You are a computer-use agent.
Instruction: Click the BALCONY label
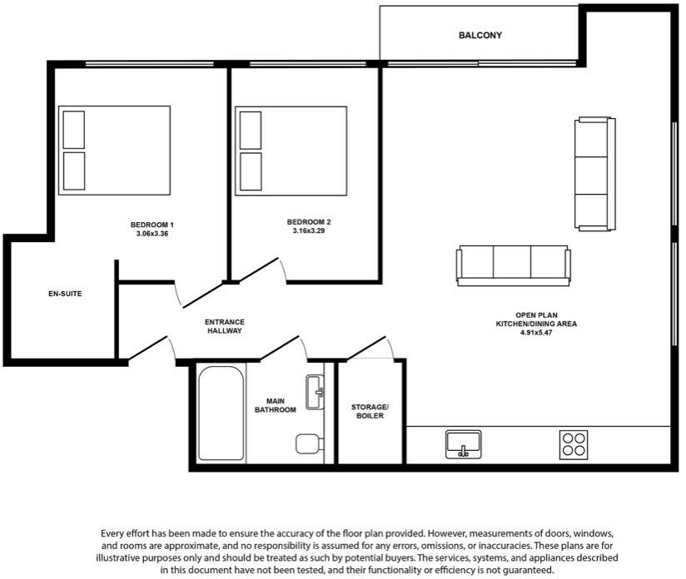[x=480, y=36]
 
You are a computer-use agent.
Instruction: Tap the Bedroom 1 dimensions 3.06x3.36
[x=152, y=234]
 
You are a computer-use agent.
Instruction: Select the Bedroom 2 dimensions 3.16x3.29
[x=308, y=230]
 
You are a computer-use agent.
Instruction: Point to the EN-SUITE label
[x=64, y=294]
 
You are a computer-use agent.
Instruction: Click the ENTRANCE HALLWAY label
[x=225, y=326]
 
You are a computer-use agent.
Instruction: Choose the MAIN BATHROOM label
[x=276, y=405]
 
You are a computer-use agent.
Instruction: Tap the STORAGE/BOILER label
[x=370, y=411]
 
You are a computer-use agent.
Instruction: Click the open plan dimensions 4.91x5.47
[x=536, y=332]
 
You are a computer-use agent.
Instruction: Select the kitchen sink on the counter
[x=464, y=443]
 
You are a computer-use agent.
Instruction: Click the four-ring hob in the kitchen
[x=574, y=443]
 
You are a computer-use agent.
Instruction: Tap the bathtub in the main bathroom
[x=221, y=413]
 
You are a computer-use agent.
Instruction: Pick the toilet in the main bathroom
[x=309, y=443]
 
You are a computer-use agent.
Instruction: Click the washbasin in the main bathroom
[x=315, y=393]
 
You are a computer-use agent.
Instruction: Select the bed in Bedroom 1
[x=114, y=151]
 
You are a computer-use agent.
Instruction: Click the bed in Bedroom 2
[x=291, y=151]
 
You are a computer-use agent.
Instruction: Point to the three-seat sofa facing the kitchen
[x=513, y=265]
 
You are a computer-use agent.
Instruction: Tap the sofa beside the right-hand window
[x=595, y=174]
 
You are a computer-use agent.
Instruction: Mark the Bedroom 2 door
[x=258, y=270]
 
